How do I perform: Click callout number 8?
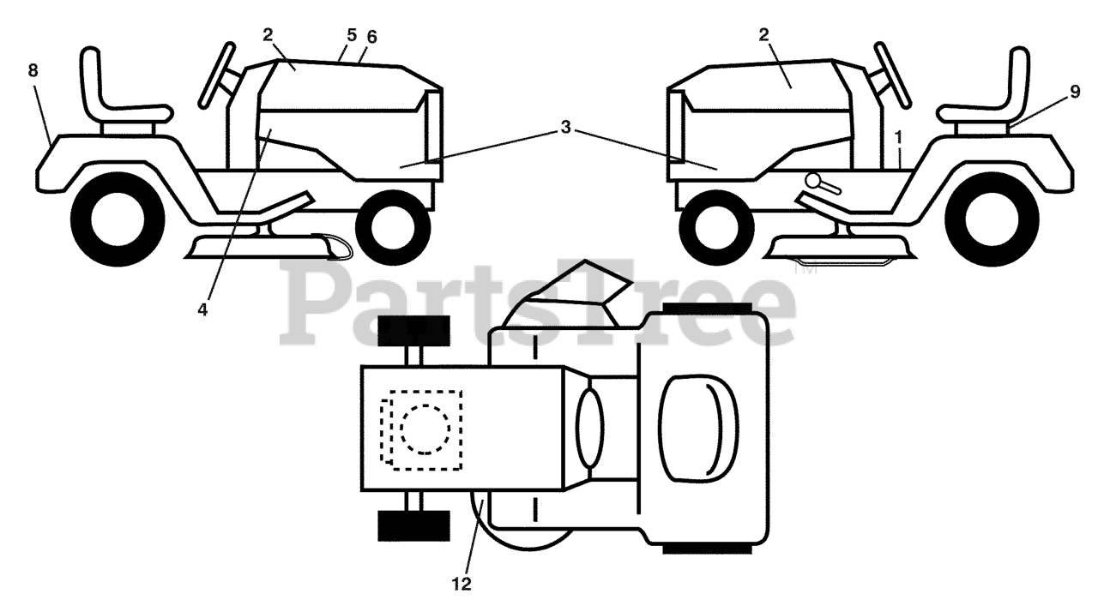click(33, 71)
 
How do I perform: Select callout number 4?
click(202, 310)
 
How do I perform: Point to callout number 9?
click(1075, 93)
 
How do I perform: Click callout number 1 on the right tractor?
click(898, 136)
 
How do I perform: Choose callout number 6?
click(371, 37)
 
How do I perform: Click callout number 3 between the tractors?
click(565, 128)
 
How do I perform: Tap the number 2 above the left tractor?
click(268, 34)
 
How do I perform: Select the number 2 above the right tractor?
click(763, 34)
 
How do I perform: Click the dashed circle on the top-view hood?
click(425, 429)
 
